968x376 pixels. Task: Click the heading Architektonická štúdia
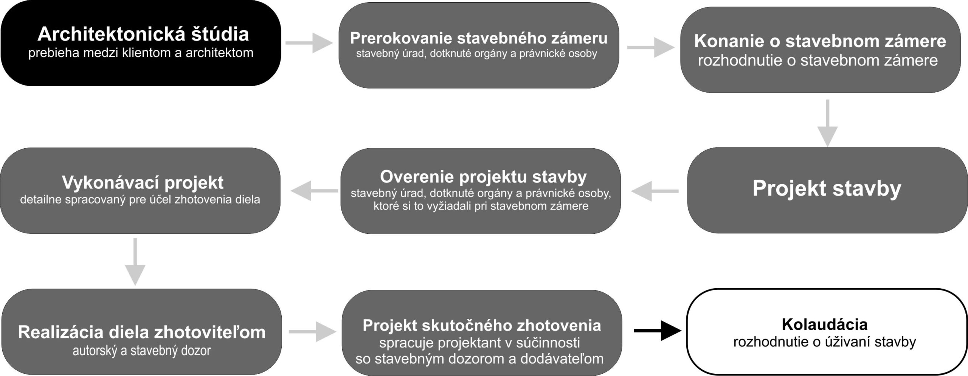[143, 34]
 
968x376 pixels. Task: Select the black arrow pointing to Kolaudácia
[658, 331]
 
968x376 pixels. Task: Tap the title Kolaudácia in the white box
[825, 324]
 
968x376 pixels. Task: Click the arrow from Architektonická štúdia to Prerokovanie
[309, 43]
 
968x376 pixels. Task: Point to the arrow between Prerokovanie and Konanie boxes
[651, 48]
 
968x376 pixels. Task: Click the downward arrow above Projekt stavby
[828, 123]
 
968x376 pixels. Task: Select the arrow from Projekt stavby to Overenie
[655, 191]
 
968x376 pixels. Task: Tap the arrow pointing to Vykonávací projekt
[315, 191]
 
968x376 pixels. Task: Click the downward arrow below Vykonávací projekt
[135, 262]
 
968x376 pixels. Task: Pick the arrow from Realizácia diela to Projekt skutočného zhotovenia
[312, 332]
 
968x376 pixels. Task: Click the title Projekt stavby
[827, 188]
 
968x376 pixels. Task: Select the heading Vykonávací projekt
[143, 183]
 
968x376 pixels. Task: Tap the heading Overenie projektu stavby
[483, 177]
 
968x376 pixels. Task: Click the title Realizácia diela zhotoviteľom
[142, 332]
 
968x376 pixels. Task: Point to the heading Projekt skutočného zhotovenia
[482, 325]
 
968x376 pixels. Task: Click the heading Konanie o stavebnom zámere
[820, 42]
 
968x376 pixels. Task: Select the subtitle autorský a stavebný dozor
[142, 351]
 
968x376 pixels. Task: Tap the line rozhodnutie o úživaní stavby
[825, 342]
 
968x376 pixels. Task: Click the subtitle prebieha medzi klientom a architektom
[141, 53]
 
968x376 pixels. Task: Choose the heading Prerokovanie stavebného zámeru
[479, 38]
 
